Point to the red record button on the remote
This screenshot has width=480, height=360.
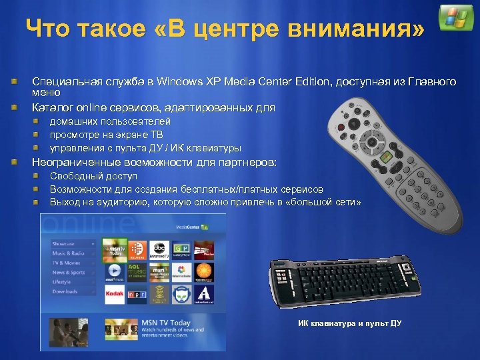click(x=342, y=125)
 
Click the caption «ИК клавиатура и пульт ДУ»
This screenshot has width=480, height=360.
click(x=350, y=324)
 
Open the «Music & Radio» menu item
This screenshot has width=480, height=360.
click(x=68, y=253)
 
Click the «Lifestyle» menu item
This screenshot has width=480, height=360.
click(x=61, y=282)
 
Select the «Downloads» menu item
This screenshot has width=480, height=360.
click(x=65, y=291)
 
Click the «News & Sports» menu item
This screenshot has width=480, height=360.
click(x=69, y=273)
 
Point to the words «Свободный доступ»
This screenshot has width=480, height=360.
click(x=93, y=176)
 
